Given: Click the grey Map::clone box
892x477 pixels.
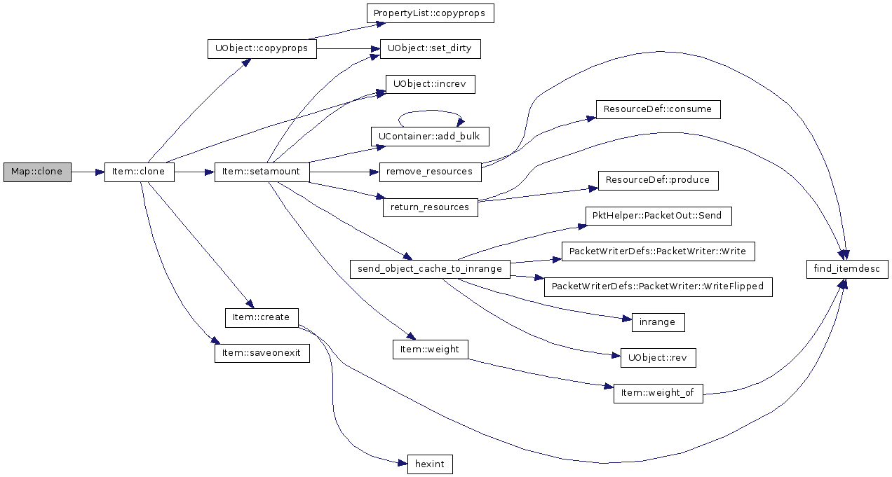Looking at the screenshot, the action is pyautogui.click(x=37, y=172).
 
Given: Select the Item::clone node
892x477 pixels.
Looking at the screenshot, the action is pyautogui.click(x=140, y=172).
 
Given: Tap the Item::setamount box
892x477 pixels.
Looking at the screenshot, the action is pyautogui.click(x=262, y=172).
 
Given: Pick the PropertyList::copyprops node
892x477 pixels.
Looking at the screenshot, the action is pyautogui.click(x=431, y=13).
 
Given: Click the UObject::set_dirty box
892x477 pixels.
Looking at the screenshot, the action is pyautogui.click(x=431, y=48).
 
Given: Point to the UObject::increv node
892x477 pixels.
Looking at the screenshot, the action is pyautogui.click(x=431, y=84).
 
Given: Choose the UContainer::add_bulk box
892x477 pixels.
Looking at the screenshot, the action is pyautogui.click(x=430, y=137).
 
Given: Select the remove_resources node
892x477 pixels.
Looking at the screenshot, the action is pyautogui.click(x=431, y=172).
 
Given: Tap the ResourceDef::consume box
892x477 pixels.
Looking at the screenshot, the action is pyautogui.click(x=658, y=109).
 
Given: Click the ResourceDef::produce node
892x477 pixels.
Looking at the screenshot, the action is pyautogui.click(x=658, y=181).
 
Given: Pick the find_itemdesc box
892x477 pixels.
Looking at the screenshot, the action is pyautogui.click(x=847, y=270).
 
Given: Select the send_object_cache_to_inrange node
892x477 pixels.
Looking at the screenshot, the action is pyautogui.click(x=430, y=270).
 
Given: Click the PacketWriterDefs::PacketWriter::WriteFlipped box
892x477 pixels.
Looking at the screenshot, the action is pyautogui.click(x=658, y=287).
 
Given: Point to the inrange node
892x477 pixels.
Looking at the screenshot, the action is pyautogui.click(x=658, y=322).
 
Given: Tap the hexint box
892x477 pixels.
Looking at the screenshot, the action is pyautogui.click(x=430, y=464).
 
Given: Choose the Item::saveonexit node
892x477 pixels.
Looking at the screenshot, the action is pyautogui.click(x=262, y=353).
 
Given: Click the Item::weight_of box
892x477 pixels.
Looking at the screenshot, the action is pyautogui.click(x=658, y=394).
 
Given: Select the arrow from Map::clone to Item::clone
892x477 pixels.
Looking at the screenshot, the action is pyautogui.click(x=88, y=172).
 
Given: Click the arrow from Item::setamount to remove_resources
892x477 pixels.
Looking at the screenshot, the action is pyautogui.click(x=344, y=172).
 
